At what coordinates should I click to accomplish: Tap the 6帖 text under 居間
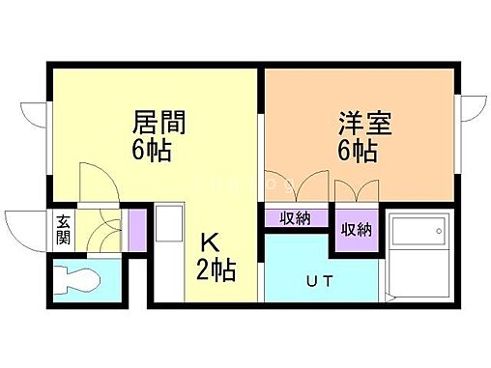(x=159, y=151)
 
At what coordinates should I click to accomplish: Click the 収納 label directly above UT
(x=295, y=217)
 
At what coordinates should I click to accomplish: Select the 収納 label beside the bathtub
(x=356, y=230)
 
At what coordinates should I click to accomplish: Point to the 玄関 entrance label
(x=63, y=230)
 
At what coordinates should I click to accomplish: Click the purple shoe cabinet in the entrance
(x=137, y=228)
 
